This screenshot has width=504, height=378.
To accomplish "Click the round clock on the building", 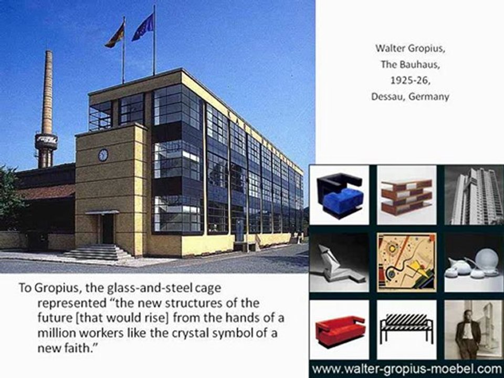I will coord(103,155).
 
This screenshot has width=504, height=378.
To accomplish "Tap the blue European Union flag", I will coord(143,27).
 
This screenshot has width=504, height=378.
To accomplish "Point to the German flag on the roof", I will coord(115,36).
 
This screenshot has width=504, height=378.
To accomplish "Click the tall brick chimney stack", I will coord(47,105).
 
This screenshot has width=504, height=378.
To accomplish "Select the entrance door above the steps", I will coord(108,228).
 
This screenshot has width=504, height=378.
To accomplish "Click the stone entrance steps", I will coord(98,253).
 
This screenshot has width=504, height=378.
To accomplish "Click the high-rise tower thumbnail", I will coord(474,195).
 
